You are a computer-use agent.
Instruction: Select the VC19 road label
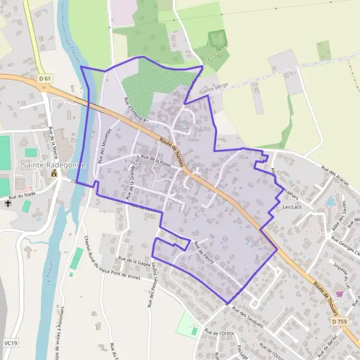9,343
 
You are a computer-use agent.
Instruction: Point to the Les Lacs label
292,207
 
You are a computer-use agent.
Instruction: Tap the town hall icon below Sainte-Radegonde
54,173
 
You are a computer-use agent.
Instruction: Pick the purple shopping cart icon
340,295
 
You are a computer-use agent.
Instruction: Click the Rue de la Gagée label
134,260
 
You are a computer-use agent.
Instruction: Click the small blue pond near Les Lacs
330,201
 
